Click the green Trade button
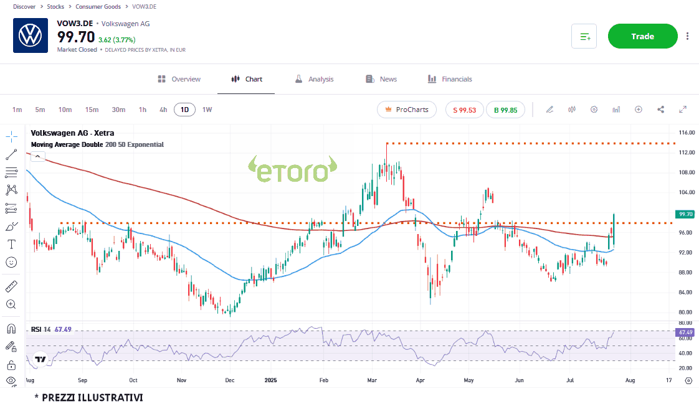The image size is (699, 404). (642, 36)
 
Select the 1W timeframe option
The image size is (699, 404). (207, 110)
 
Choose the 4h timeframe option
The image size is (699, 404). (163, 110)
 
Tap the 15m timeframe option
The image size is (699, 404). (92, 110)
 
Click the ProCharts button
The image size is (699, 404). (407, 110)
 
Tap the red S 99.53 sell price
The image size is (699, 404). (464, 110)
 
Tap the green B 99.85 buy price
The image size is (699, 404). (505, 110)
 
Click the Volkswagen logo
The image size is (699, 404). (30, 35)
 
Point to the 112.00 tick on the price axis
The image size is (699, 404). (687, 153)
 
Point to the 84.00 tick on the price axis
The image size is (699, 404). (687, 292)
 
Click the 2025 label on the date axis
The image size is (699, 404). (270, 379)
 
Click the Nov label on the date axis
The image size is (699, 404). (181, 379)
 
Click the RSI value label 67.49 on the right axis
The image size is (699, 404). (685, 332)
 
